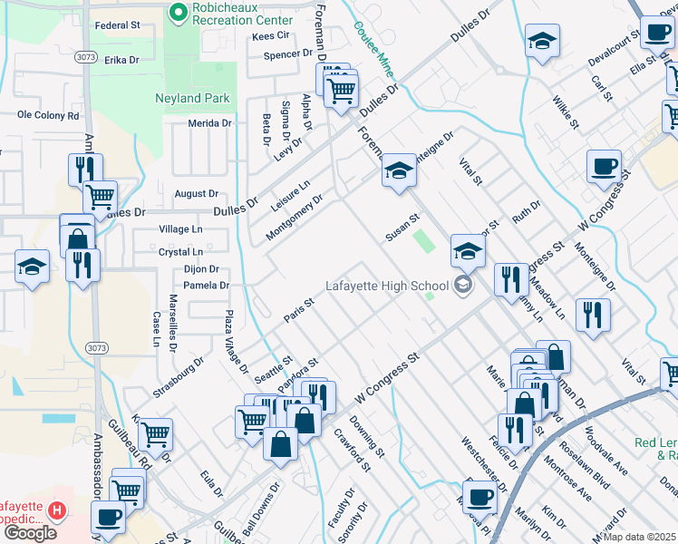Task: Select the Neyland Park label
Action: point(192,98)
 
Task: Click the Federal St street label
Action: point(117,25)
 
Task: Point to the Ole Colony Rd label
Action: point(48,115)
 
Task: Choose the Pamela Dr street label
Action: point(206,286)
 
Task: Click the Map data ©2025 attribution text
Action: point(639,537)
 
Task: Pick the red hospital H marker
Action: point(57,511)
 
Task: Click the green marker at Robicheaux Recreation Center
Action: point(177,14)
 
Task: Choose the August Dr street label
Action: point(197,194)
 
